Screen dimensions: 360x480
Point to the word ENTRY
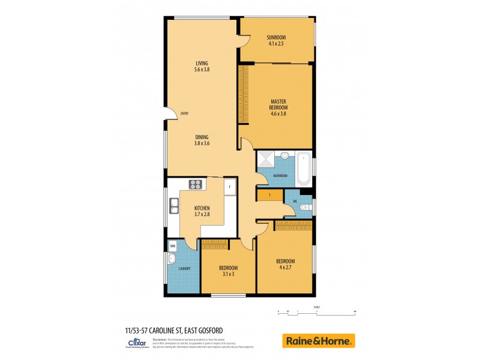[x=185, y=113]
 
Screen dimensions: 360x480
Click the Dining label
[x=202, y=137]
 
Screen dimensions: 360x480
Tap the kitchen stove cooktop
[x=196, y=185]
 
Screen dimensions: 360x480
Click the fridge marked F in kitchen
[x=229, y=187]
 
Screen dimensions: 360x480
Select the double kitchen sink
[x=173, y=206]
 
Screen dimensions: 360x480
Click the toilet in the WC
[x=304, y=208]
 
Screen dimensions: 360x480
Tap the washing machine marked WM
[x=173, y=245]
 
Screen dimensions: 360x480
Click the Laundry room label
[x=184, y=268]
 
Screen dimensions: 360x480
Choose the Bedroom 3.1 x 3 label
[x=228, y=271]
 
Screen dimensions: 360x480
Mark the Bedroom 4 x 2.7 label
[x=285, y=264]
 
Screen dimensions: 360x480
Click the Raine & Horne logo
[x=318, y=341]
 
